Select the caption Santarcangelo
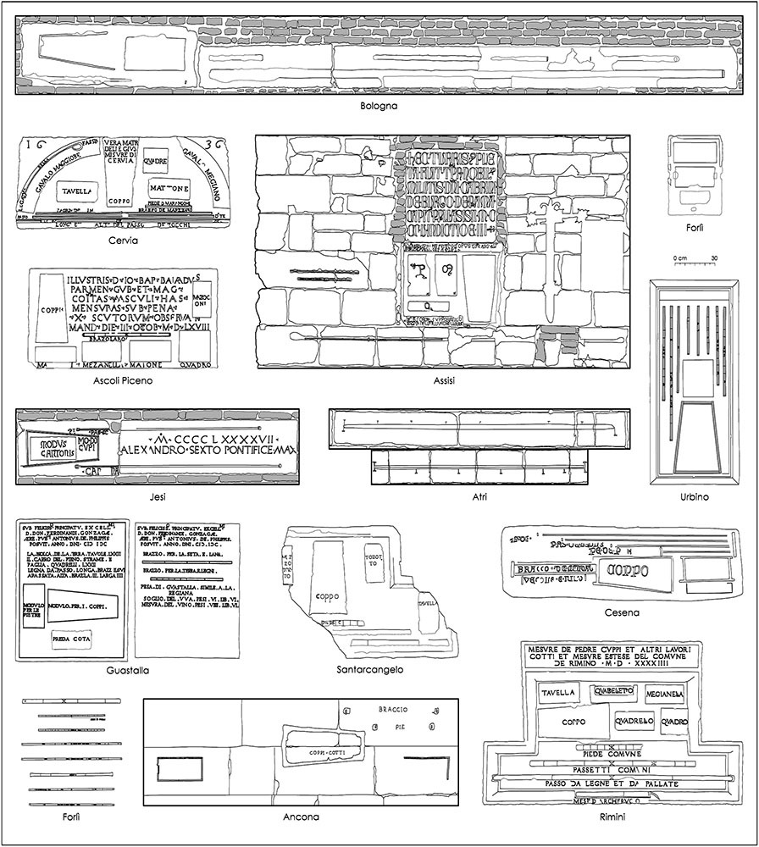(369, 670)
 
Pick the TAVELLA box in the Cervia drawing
(77, 191)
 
